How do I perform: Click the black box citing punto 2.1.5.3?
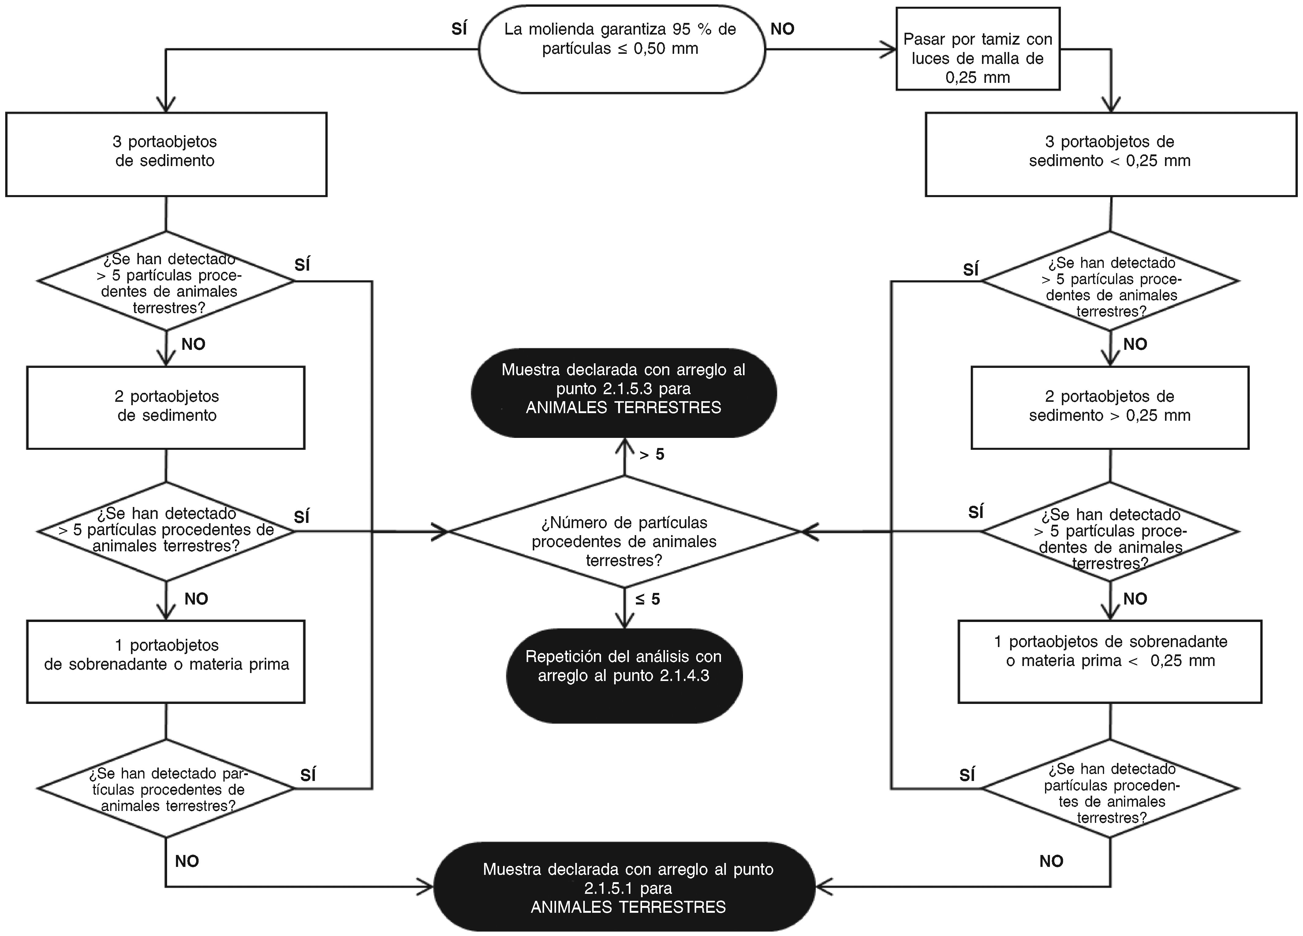click(623, 392)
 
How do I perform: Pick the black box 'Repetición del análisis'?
click(624, 675)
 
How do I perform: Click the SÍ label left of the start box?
click(459, 29)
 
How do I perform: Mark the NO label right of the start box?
click(782, 29)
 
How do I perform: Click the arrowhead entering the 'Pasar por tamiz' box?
click(889, 50)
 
